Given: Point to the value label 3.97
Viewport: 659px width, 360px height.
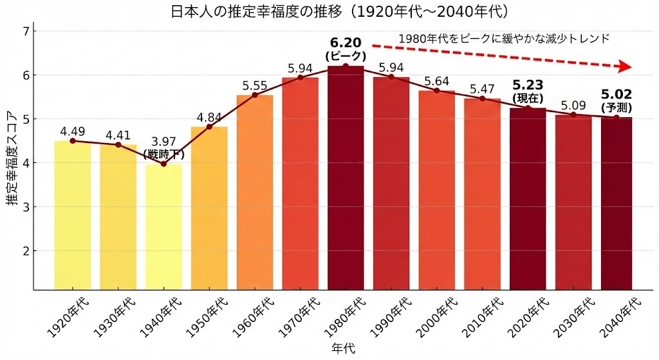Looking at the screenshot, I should [163, 142].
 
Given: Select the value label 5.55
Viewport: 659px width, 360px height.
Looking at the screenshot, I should [255, 85].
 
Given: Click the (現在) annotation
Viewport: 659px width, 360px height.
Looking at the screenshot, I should [528, 99].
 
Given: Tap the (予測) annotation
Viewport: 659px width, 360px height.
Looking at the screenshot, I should [616, 108].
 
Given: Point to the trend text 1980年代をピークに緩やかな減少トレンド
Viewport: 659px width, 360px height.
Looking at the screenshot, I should [503, 39].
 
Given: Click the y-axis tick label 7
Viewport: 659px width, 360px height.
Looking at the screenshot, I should [25, 32].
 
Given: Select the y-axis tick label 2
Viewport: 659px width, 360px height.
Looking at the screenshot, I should [25, 251].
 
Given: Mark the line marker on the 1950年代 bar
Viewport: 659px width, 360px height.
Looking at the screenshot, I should [209, 126].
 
